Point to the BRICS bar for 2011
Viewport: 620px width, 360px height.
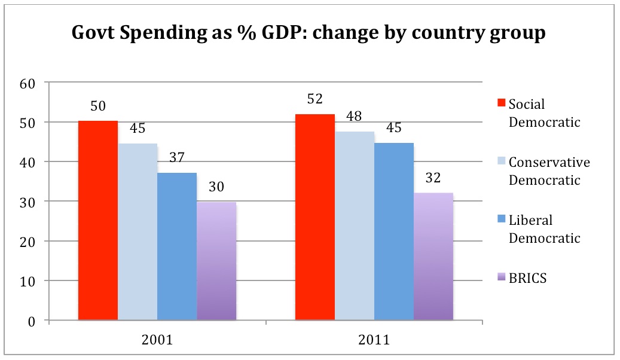433,257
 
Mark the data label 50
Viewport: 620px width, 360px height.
98,106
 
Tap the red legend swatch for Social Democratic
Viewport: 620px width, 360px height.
501,104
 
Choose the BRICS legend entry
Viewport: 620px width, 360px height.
527,278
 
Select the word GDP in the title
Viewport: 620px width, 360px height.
286,33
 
